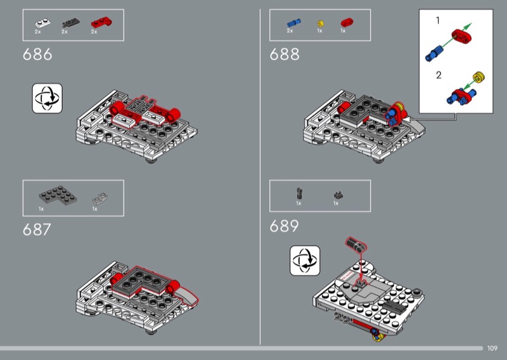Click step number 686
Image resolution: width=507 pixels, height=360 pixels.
coord(37,55)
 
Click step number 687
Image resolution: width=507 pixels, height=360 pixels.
coord(37,229)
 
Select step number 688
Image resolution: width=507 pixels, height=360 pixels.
coord(285,55)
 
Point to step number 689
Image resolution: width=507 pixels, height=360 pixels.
coord(284,226)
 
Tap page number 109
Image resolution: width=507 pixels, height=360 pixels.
coord(492,348)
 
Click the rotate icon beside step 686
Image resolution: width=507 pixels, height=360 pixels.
coord(47,98)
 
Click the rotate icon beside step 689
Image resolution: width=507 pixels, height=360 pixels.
coord(305,260)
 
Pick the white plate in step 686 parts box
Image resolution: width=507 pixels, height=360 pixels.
coord(42,23)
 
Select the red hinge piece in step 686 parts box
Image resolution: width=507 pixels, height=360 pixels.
coord(101,22)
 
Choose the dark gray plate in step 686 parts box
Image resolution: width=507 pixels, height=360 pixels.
coord(70,23)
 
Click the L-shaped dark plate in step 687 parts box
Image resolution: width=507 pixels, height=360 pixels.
coord(58,195)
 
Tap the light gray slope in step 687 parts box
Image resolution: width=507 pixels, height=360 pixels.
coord(100,198)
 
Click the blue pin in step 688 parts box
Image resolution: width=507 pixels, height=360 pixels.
coord(293,23)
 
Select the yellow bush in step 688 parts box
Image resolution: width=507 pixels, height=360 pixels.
coord(321,23)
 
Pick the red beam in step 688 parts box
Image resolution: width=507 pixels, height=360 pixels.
coord(347,22)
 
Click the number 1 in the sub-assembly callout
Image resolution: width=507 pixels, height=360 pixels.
coord(437,21)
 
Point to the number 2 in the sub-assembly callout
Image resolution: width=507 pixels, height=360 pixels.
coord(439,75)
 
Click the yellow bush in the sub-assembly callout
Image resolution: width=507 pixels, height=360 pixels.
coord(478,77)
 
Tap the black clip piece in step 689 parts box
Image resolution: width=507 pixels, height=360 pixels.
coord(300,194)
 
